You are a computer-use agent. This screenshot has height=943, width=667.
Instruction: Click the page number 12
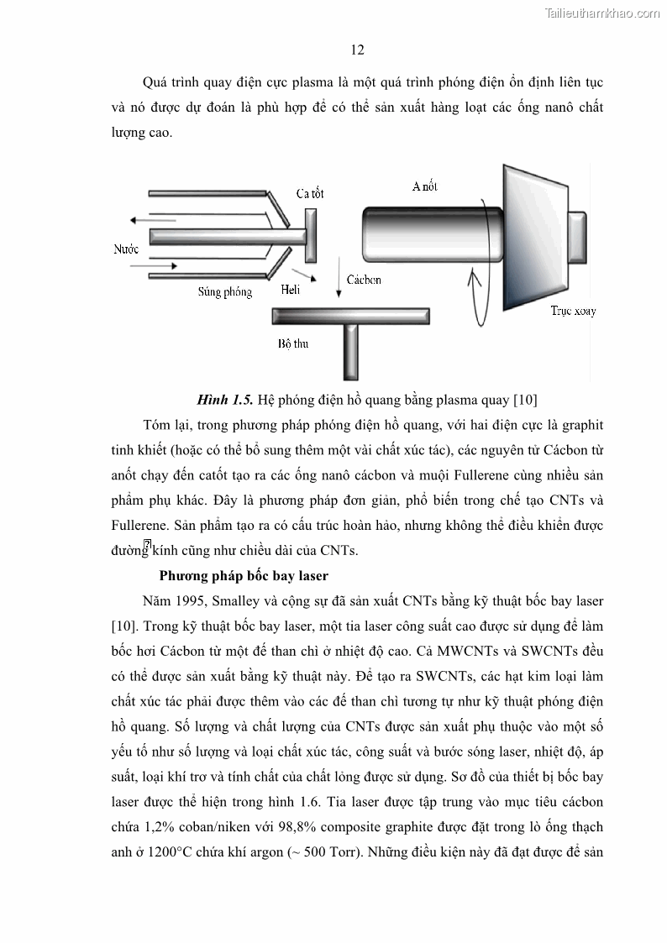coord(357,50)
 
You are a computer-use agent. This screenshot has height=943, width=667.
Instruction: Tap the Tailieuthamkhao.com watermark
coord(603,13)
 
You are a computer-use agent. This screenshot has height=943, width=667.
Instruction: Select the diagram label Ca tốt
coord(310,194)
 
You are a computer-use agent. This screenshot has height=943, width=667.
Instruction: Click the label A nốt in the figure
coord(425,186)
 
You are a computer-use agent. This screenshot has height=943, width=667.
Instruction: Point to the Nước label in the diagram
coord(126,249)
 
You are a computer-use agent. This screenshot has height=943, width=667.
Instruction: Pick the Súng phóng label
coord(225,292)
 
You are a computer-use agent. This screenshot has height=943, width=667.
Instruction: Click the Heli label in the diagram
coord(290,290)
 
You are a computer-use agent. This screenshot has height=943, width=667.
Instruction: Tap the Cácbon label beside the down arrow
coord(363,280)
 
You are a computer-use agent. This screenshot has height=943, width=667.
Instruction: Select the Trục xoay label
coord(573,311)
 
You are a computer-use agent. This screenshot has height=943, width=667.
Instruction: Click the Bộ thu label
coord(293,343)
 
